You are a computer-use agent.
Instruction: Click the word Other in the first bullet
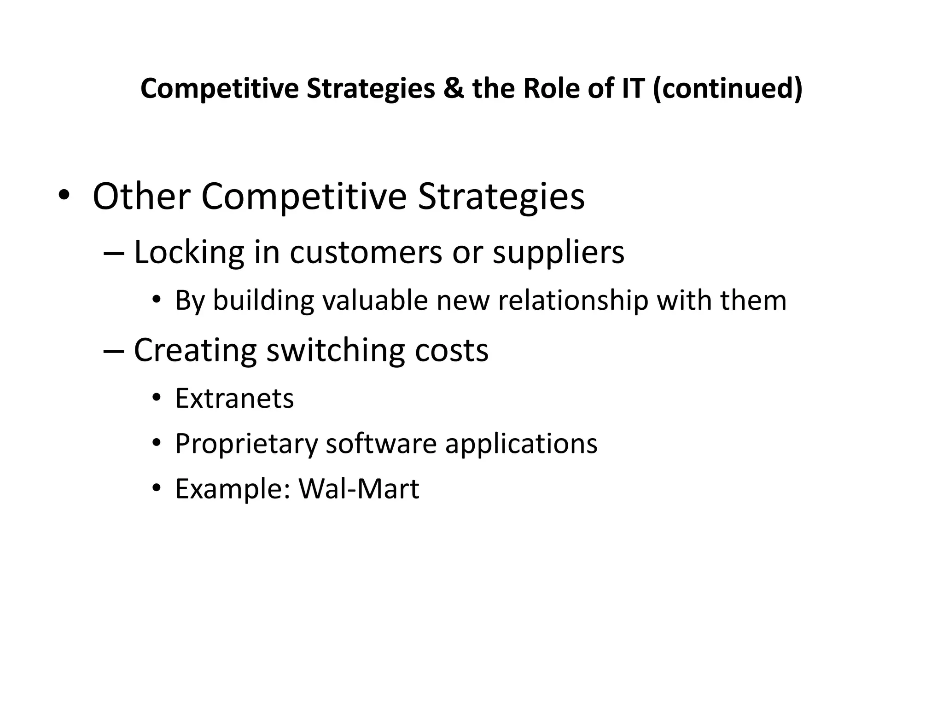(x=141, y=197)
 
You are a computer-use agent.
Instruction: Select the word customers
(x=366, y=253)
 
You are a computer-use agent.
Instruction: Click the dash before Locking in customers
(x=114, y=254)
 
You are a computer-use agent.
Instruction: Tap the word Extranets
(x=234, y=398)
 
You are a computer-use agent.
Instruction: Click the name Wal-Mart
(x=359, y=489)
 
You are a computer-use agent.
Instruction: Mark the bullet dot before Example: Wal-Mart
(x=157, y=488)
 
